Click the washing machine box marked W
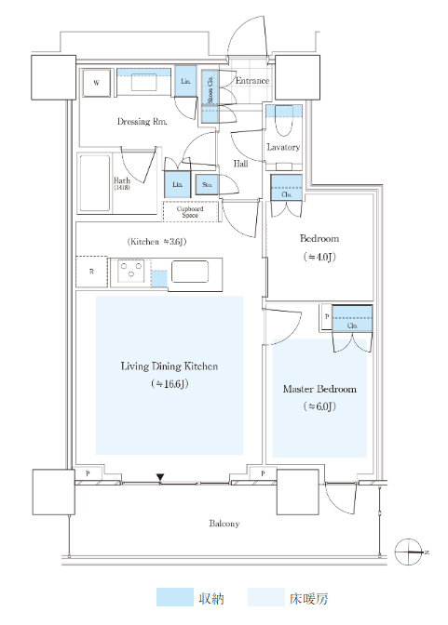[x=96, y=83]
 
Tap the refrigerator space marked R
[x=92, y=272]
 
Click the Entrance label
[x=252, y=81]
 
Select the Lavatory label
[x=283, y=147]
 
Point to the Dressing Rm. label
[x=142, y=122]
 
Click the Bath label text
[x=121, y=180]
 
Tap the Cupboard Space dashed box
[x=190, y=212]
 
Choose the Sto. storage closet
[x=207, y=185]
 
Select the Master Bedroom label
[x=319, y=389]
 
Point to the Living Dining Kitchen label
[x=170, y=366]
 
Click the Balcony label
[x=224, y=524]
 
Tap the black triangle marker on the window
[x=160, y=477]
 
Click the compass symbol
[x=409, y=552]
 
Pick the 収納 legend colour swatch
[x=174, y=597]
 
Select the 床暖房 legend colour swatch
[x=266, y=597]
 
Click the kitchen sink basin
[x=190, y=272]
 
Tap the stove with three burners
[x=131, y=271]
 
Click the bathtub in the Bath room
[x=95, y=183]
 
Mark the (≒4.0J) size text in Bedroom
[x=319, y=257]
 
